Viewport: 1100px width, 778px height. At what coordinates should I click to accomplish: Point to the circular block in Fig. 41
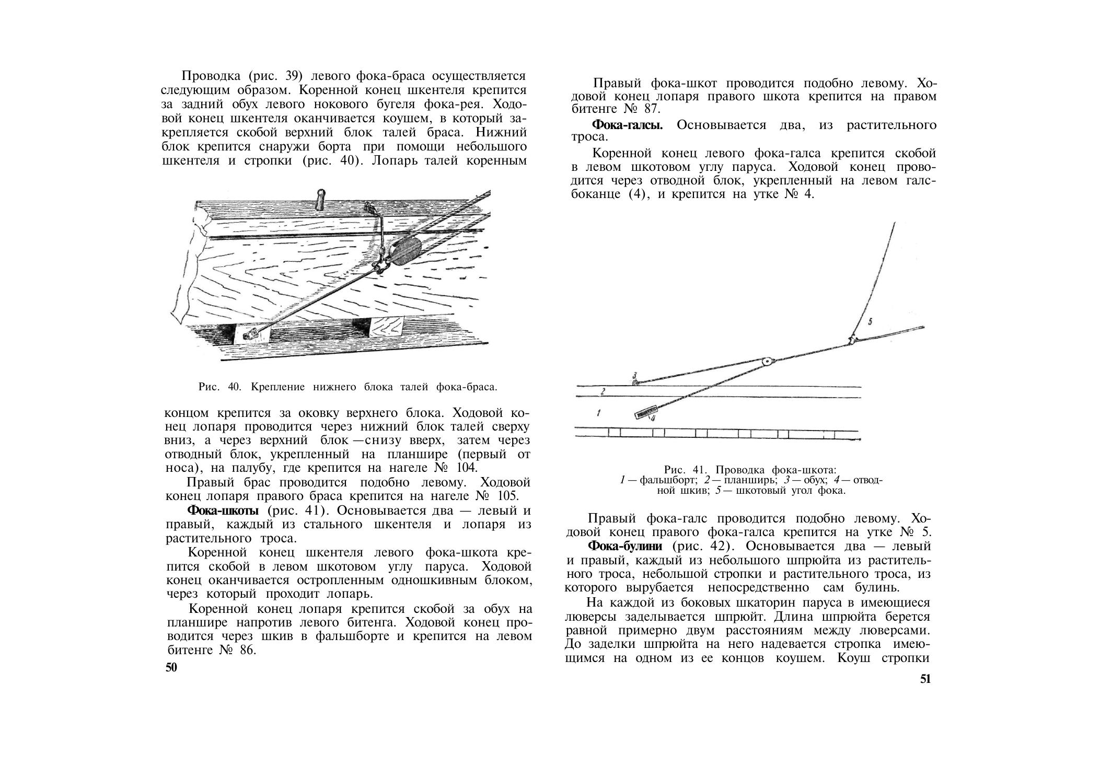click(x=768, y=361)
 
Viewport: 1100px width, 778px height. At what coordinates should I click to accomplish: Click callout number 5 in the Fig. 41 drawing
click(x=870, y=321)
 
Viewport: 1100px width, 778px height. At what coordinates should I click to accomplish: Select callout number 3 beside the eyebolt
click(x=634, y=375)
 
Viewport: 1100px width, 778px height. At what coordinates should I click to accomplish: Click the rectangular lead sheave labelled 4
click(x=644, y=414)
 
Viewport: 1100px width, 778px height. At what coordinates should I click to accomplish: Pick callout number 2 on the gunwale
click(x=603, y=391)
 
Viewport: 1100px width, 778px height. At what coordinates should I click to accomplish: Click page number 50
click(x=171, y=667)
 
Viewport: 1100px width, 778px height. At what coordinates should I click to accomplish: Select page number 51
click(x=925, y=679)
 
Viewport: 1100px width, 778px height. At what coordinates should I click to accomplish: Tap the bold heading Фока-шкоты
click(x=223, y=510)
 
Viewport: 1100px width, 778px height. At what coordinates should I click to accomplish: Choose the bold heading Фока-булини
click(x=625, y=546)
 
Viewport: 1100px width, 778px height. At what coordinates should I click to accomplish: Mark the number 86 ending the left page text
click(x=245, y=651)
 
